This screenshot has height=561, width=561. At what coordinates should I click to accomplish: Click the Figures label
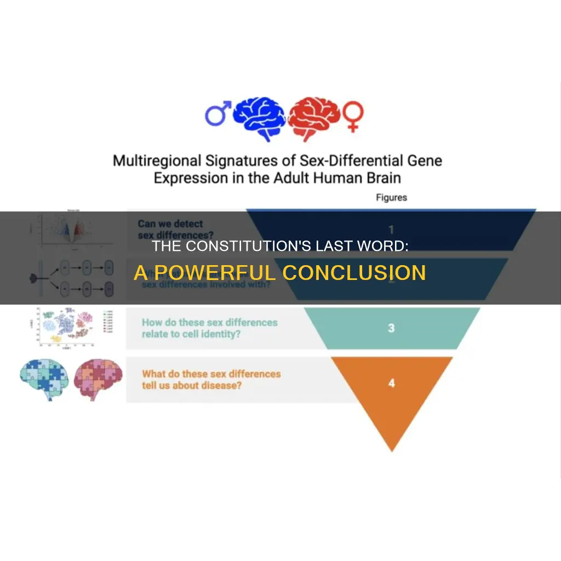pyautogui.click(x=391, y=198)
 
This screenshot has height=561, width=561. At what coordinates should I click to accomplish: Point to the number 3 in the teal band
pyautogui.click(x=391, y=328)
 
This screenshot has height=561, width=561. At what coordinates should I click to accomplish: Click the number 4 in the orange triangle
pyautogui.click(x=391, y=383)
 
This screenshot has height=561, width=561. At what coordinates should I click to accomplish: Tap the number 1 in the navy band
pyautogui.click(x=391, y=230)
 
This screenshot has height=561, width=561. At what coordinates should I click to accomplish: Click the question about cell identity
pyautogui.click(x=209, y=328)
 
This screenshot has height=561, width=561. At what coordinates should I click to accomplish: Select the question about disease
pyautogui.click(x=211, y=380)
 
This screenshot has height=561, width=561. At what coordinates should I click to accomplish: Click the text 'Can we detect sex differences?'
pyautogui.click(x=170, y=230)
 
